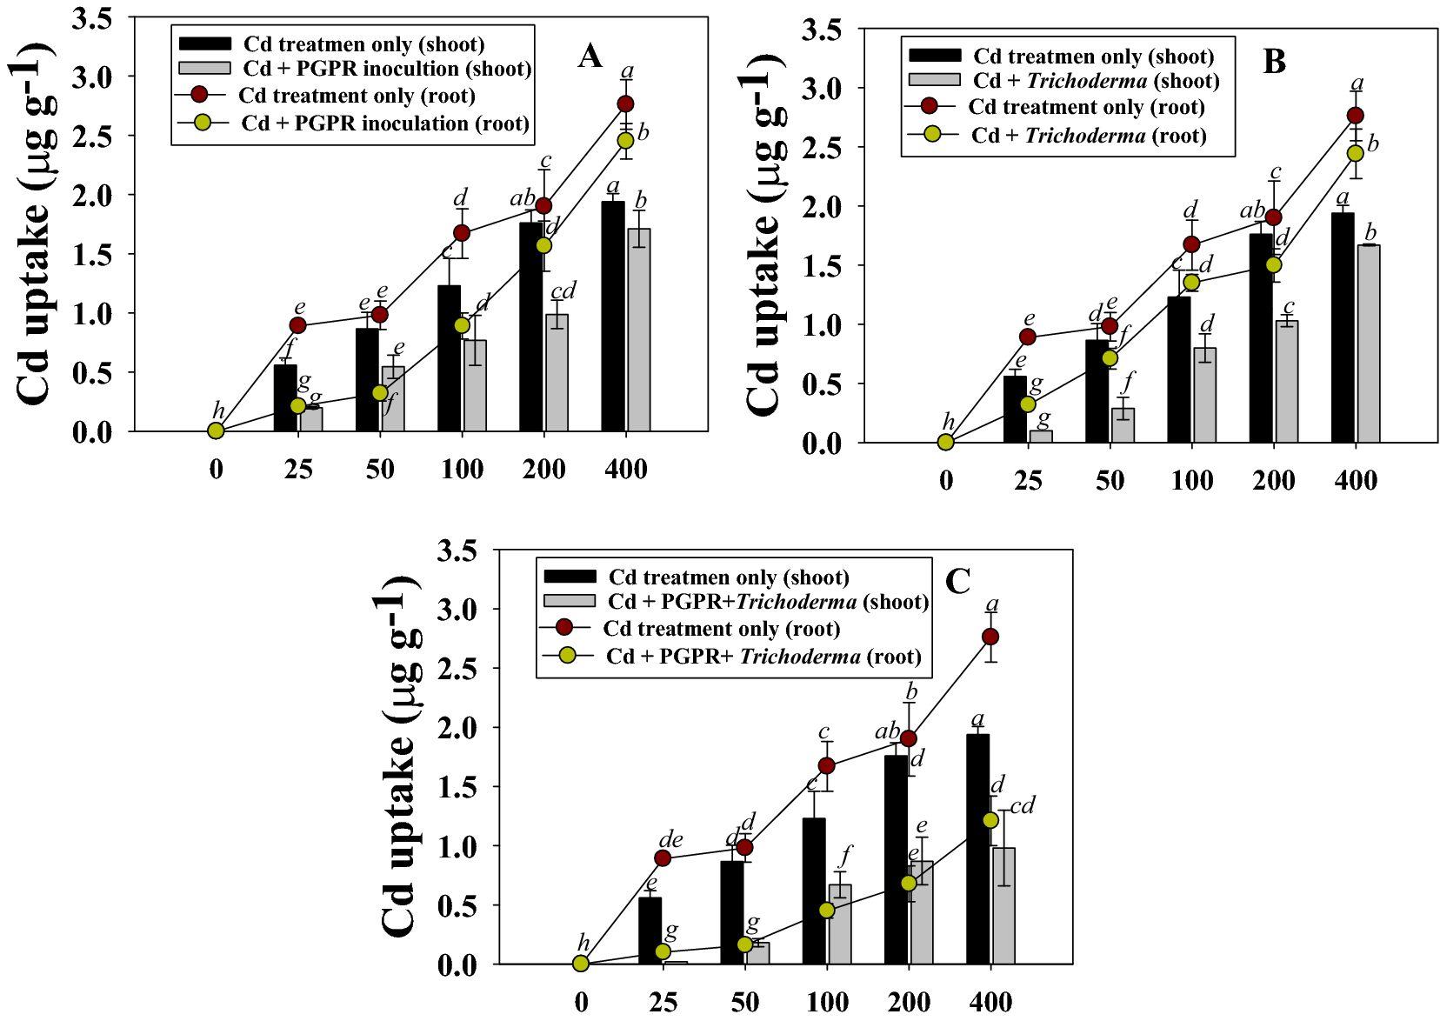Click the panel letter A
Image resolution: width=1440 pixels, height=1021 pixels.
click(590, 57)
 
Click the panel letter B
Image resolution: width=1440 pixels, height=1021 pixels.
click(1274, 63)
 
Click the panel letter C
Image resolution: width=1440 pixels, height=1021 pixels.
click(957, 581)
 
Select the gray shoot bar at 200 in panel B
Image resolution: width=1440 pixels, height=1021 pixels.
click(1286, 383)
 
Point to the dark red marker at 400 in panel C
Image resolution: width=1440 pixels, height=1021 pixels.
click(990, 637)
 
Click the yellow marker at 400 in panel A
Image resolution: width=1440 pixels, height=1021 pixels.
click(626, 140)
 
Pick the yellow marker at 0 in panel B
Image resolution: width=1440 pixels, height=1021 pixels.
click(946, 442)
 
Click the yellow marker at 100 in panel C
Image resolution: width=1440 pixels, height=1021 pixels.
click(827, 910)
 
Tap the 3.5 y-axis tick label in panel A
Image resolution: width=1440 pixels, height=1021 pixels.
click(92, 18)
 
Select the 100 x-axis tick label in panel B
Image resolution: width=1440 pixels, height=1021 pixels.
click(1191, 481)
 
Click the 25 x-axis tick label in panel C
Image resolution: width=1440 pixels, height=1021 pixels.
click(663, 1002)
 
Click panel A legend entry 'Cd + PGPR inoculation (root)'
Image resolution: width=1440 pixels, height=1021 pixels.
click(385, 123)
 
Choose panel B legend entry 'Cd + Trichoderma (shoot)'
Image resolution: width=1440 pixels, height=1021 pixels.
click(1096, 81)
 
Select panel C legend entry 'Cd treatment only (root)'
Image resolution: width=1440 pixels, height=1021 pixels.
click(721, 628)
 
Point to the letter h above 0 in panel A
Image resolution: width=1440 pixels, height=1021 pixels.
click(218, 411)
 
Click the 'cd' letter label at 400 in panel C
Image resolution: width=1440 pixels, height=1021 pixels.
click(1022, 805)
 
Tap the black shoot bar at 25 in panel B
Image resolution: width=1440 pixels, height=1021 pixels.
click(1015, 409)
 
